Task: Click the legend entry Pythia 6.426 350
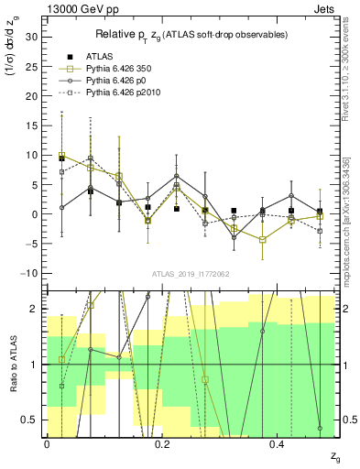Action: point(114,69)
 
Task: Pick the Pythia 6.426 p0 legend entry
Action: point(111,82)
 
